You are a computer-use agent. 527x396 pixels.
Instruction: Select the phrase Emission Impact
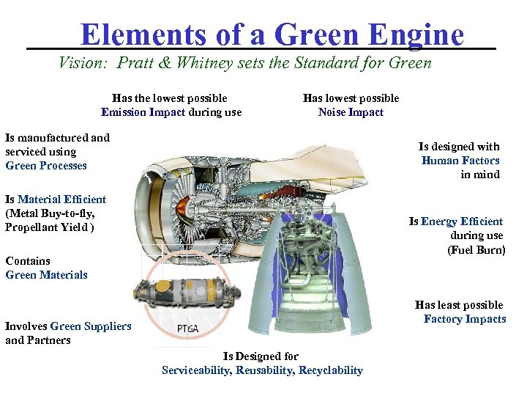click(143, 112)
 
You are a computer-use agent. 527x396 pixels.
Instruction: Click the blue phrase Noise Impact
click(351, 112)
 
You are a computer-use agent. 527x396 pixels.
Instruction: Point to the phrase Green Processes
click(45, 166)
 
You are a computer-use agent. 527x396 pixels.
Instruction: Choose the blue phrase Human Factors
click(460, 161)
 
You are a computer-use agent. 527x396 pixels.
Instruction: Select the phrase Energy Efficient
click(462, 221)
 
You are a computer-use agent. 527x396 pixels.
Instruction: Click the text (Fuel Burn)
click(476, 249)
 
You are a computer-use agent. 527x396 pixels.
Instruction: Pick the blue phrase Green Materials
click(46, 275)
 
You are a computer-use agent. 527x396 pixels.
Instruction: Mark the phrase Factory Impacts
click(465, 319)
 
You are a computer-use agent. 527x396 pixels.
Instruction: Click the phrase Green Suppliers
click(91, 326)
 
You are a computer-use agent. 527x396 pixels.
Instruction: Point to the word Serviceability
click(195, 370)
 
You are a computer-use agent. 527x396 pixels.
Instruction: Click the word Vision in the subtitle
click(81, 63)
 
